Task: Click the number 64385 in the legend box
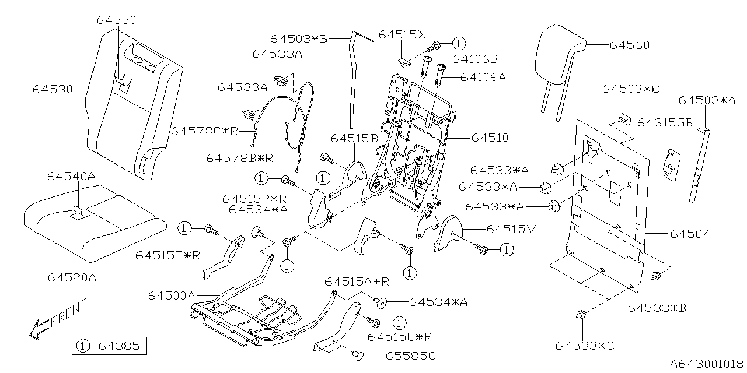pyautogui.click(x=119, y=346)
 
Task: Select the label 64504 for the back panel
pyautogui.click(x=690, y=234)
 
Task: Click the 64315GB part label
pyautogui.click(x=665, y=123)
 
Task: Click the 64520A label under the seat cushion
pyautogui.click(x=72, y=277)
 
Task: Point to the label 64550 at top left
pyautogui.click(x=116, y=20)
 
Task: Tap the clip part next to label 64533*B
pyautogui.click(x=656, y=276)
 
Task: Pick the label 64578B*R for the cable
pyautogui.click(x=242, y=158)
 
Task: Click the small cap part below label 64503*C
pyautogui.click(x=624, y=117)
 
